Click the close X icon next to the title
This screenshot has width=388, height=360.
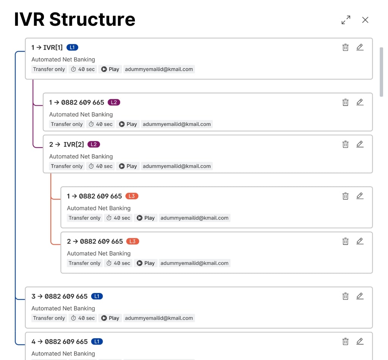365,20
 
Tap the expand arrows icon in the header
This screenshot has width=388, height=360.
346,20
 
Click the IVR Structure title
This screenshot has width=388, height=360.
75,19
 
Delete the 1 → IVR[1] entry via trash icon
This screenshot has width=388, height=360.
345,47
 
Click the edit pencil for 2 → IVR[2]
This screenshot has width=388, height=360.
360,144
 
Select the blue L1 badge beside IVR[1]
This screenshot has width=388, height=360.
72,47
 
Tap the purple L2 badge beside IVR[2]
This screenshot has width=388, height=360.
94,144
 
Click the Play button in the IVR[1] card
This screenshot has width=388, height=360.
110,69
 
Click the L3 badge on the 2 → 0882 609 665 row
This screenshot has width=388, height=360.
133,241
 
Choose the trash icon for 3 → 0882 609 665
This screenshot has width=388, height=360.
345,296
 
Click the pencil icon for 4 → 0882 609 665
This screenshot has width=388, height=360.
360,341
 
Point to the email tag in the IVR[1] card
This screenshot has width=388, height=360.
159,69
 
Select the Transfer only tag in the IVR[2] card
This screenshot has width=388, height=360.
67,166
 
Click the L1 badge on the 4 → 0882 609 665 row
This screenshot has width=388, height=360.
97,341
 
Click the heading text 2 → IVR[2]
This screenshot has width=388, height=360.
67,144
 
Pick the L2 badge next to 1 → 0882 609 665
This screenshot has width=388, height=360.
114,102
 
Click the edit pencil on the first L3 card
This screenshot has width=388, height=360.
360,196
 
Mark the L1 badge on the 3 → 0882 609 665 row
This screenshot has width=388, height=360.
97,296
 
